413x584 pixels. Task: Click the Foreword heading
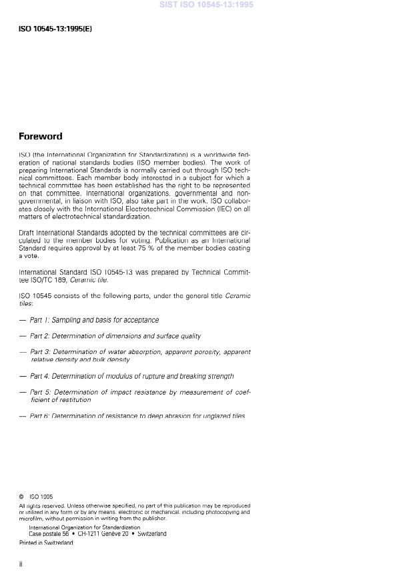[40, 137]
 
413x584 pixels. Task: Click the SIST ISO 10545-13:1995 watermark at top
[206, 5]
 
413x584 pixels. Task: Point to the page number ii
[21, 564]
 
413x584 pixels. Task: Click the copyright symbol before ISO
[21, 497]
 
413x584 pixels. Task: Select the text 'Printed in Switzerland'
[46, 543]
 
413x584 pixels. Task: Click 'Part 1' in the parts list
[40, 320]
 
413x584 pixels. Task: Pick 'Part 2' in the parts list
[40, 336]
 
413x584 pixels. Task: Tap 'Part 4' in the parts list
[40, 376]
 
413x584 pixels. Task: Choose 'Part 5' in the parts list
[40, 393]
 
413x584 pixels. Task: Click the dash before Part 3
[23, 352]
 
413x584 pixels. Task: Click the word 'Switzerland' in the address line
[152, 534]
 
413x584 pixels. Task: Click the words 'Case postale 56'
[49, 534]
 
